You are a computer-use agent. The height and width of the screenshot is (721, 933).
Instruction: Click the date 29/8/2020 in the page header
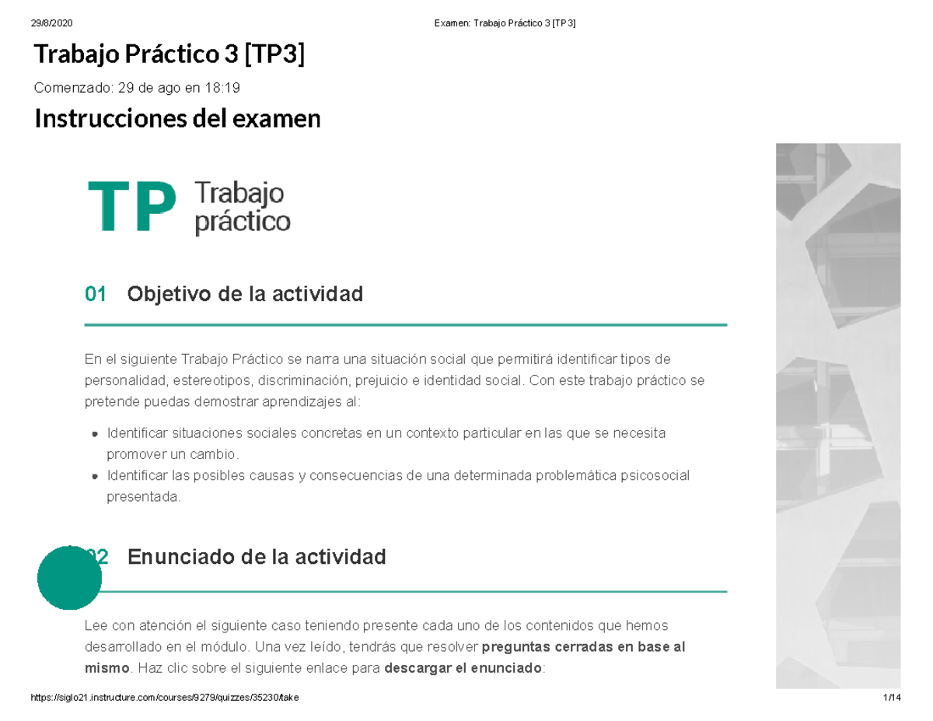click(x=48, y=23)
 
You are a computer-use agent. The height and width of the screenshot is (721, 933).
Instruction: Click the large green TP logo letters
click(x=131, y=207)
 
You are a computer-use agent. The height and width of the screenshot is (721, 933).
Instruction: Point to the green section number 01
click(x=95, y=295)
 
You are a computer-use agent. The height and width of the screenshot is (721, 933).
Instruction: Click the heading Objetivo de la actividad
click(x=245, y=295)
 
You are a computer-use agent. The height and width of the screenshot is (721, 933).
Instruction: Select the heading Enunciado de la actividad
click(x=256, y=558)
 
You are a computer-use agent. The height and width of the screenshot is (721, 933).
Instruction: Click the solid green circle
click(x=70, y=578)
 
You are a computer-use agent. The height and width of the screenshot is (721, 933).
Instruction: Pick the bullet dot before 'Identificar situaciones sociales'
click(x=95, y=433)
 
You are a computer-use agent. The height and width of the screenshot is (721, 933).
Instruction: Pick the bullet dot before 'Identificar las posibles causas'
click(x=95, y=475)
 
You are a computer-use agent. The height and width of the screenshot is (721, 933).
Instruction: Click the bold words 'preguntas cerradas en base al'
click(x=583, y=647)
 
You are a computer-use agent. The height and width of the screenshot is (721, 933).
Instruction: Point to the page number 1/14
click(x=891, y=698)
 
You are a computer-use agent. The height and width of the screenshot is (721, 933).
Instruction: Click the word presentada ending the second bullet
click(x=142, y=496)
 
